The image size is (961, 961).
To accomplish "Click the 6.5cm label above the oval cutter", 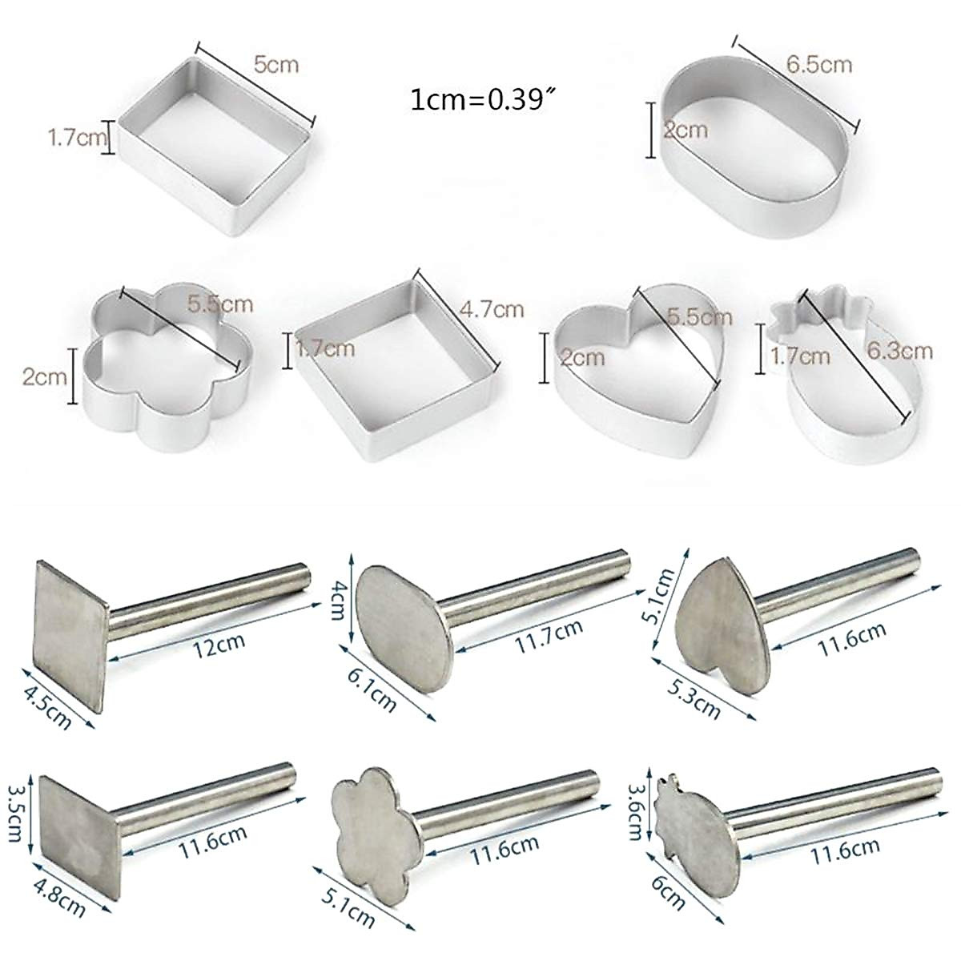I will tap(818, 64).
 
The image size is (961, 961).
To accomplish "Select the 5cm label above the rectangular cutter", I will tap(275, 63).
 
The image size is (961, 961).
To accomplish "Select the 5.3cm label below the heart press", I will tap(694, 694).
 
